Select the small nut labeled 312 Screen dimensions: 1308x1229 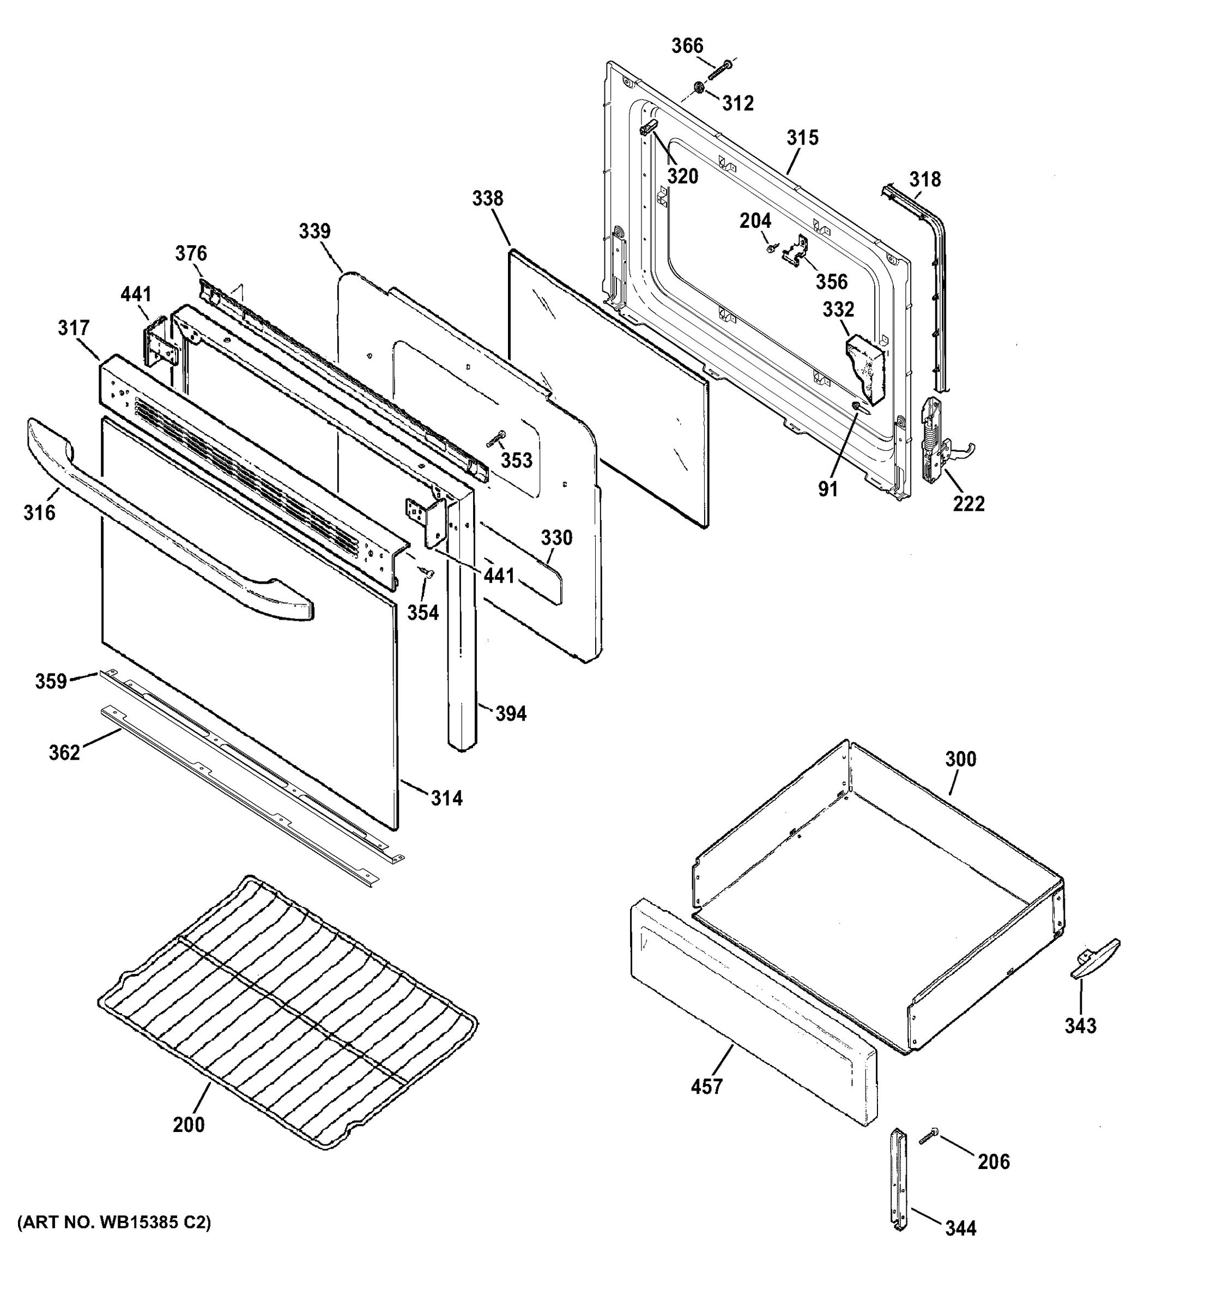click(698, 88)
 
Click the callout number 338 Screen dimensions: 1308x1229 click(488, 198)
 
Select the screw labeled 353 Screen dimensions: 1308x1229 click(496, 438)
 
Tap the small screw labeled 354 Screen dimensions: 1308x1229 click(427, 574)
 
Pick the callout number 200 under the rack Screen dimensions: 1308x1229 click(189, 1124)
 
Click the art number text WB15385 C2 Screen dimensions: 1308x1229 click(114, 1223)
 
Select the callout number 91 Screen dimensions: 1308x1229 click(828, 489)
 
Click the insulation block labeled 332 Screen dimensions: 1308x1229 click(867, 368)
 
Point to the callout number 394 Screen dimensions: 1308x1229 click(511, 713)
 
